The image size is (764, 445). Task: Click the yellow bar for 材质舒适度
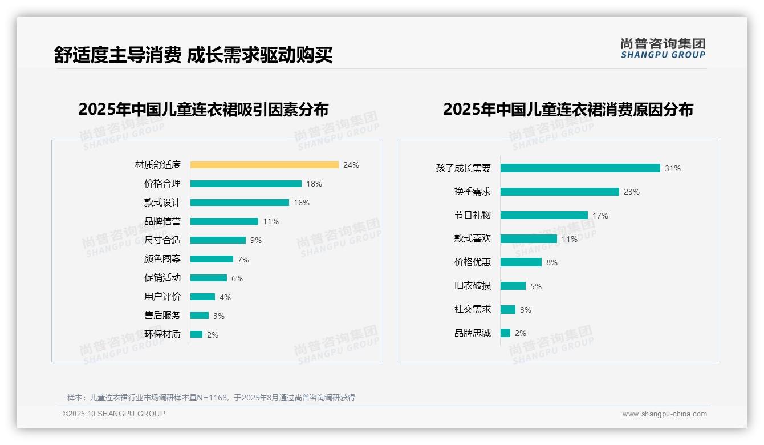click(x=265, y=165)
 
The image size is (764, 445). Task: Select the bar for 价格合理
click(x=246, y=184)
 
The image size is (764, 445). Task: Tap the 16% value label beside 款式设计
click(x=302, y=203)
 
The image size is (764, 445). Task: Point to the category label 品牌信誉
click(x=162, y=221)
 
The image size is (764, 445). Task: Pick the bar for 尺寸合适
click(x=218, y=240)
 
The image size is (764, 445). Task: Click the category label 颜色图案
click(x=162, y=259)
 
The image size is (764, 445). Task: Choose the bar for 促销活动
click(x=209, y=278)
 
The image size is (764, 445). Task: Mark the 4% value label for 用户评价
click(x=225, y=297)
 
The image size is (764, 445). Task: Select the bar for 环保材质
click(x=197, y=334)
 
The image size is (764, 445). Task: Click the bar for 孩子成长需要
click(x=580, y=168)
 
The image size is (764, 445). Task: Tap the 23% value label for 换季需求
click(x=632, y=192)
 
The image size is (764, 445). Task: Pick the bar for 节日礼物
click(x=544, y=215)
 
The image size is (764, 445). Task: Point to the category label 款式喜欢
click(x=473, y=238)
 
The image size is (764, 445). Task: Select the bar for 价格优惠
click(x=521, y=262)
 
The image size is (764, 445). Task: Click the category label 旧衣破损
click(x=473, y=286)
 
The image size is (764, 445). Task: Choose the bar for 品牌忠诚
click(x=506, y=333)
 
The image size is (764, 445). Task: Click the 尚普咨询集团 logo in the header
click(x=663, y=48)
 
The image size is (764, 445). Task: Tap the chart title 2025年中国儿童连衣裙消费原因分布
click(x=568, y=110)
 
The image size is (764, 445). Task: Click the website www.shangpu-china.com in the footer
click(x=664, y=414)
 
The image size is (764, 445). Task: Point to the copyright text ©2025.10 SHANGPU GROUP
click(x=114, y=414)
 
